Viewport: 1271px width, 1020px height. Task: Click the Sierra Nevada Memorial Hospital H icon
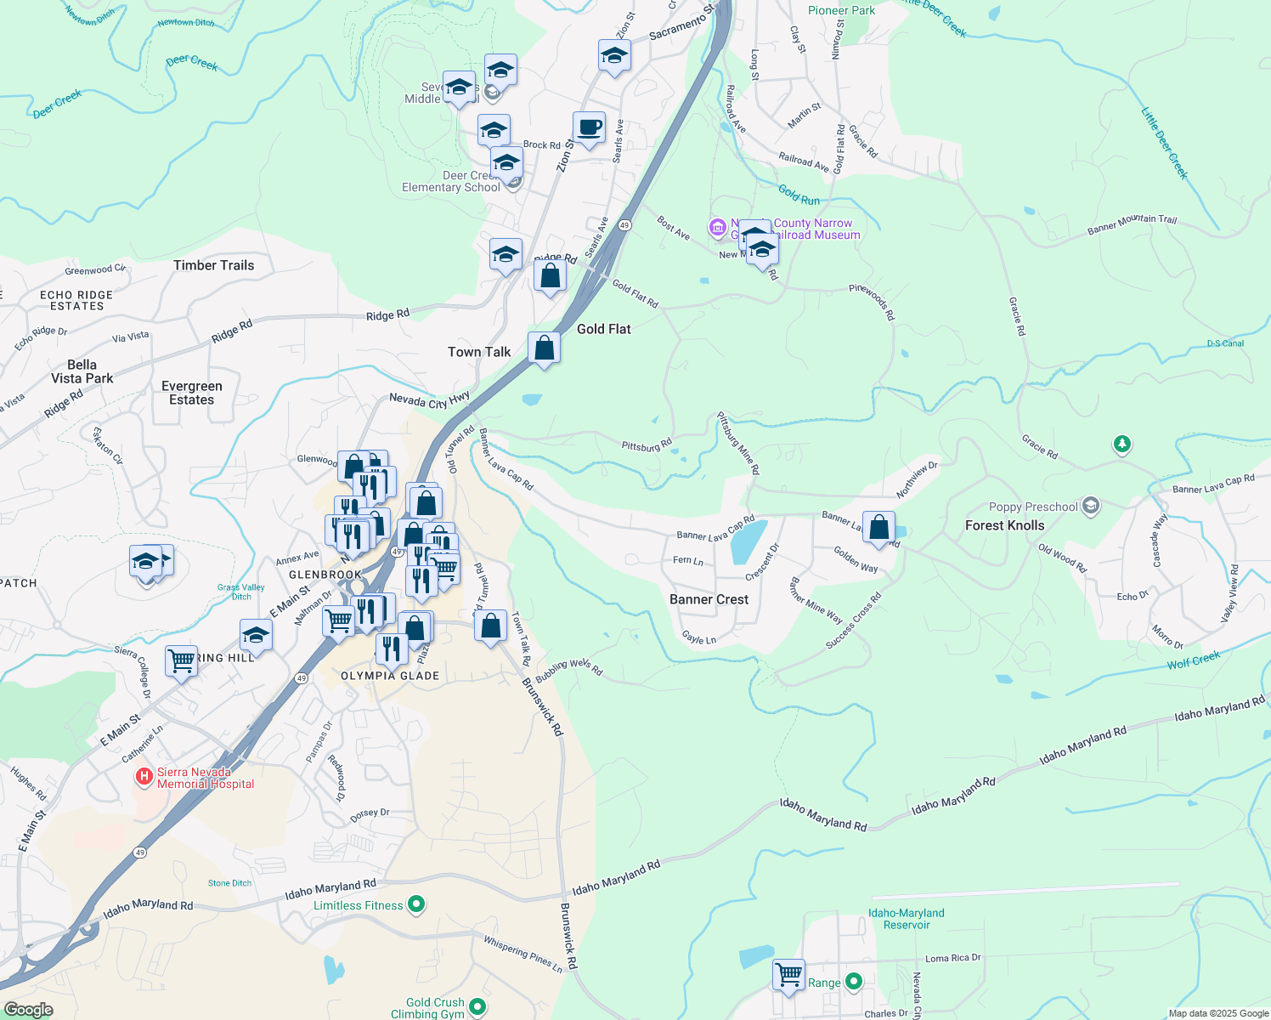pyautogui.click(x=144, y=776)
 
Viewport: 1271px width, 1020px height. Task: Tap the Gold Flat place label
pyautogui.click(x=603, y=329)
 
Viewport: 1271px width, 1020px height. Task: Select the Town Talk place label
pyautogui.click(x=479, y=352)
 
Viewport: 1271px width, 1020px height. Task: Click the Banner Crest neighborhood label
pyautogui.click(x=709, y=599)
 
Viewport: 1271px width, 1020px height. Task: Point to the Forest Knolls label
pyautogui.click(x=1004, y=525)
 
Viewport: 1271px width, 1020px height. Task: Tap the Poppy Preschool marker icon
pyautogui.click(x=1091, y=507)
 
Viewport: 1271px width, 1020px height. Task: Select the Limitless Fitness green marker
pyautogui.click(x=416, y=905)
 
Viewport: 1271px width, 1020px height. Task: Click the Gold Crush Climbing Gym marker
pyautogui.click(x=477, y=1008)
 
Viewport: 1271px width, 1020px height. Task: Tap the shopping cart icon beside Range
pyautogui.click(x=788, y=974)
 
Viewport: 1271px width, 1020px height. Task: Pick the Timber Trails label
pyautogui.click(x=213, y=265)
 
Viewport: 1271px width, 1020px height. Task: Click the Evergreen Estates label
pyautogui.click(x=192, y=393)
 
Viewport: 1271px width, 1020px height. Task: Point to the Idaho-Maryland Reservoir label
pyautogui.click(x=906, y=919)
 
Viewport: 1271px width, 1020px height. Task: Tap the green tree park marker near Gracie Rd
pyautogui.click(x=1122, y=444)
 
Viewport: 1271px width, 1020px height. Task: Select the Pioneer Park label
pyautogui.click(x=841, y=10)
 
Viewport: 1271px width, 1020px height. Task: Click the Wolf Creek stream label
pyautogui.click(x=1193, y=660)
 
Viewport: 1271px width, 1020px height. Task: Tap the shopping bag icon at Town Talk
pyautogui.click(x=544, y=348)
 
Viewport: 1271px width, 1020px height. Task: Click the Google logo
pyautogui.click(x=28, y=1010)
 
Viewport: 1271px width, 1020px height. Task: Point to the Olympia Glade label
pyautogui.click(x=390, y=676)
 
